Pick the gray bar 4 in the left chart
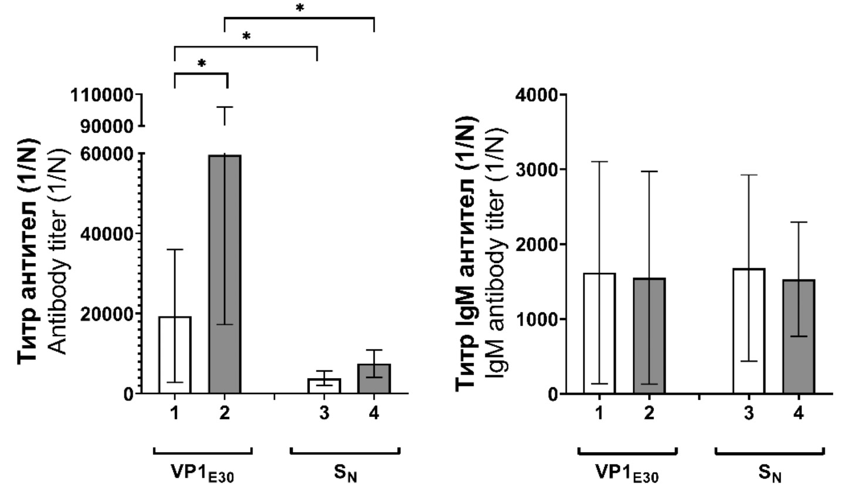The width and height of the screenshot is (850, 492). point(375,379)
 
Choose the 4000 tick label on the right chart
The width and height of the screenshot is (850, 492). point(535,95)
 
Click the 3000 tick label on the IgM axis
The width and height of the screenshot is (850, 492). point(535,170)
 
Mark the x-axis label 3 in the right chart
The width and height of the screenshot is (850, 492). point(748,413)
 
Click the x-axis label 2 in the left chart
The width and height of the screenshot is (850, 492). point(225,413)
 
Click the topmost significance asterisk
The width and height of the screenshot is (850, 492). point(299,8)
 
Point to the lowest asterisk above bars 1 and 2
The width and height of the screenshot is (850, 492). point(201,63)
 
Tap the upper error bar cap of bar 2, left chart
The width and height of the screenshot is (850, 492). point(225,107)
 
